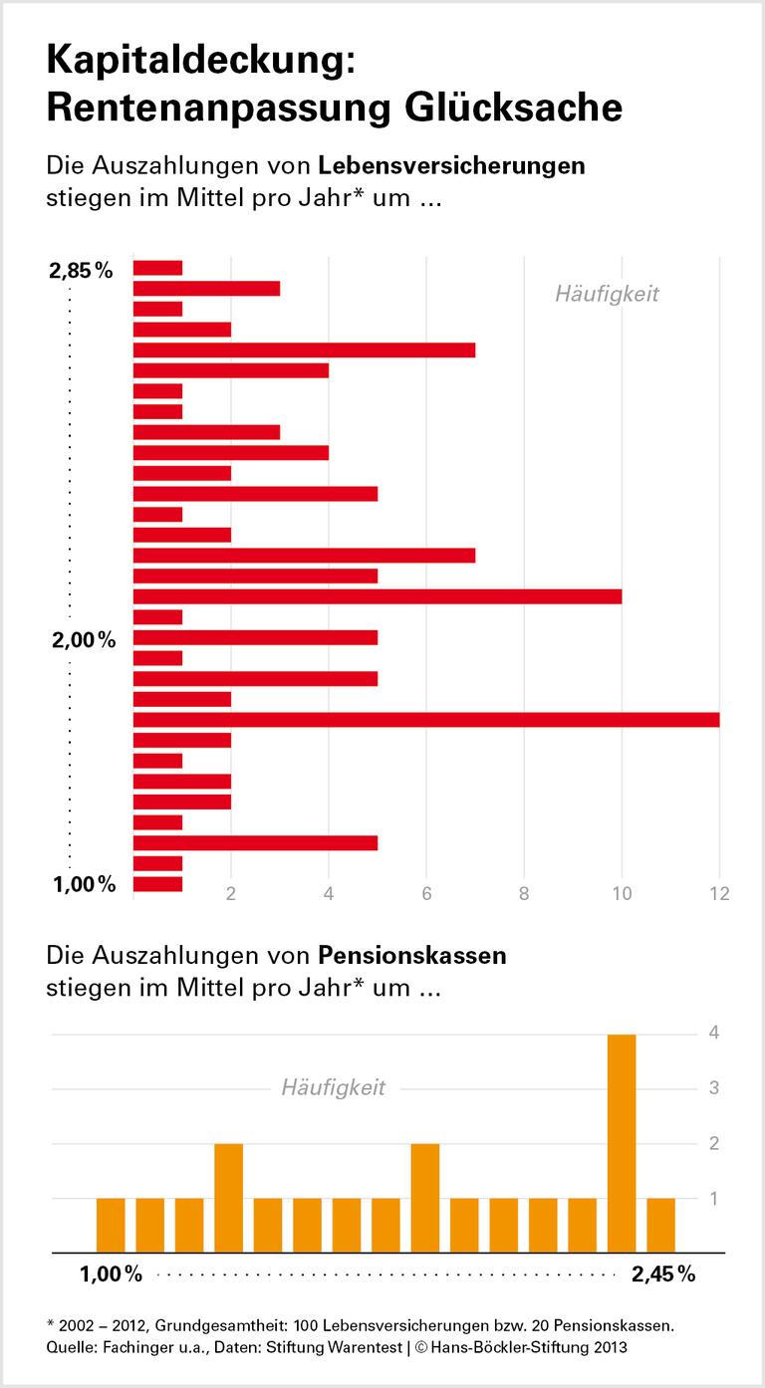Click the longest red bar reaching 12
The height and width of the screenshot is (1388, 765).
(x=425, y=720)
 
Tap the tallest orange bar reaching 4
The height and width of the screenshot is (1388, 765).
(x=622, y=1142)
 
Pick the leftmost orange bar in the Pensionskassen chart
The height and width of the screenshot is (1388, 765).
(x=111, y=1224)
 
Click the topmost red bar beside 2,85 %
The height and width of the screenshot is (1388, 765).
(x=157, y=268)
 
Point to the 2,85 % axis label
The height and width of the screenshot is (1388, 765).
(x=81, y=270)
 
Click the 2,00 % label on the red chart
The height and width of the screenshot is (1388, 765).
(x=84, y=640)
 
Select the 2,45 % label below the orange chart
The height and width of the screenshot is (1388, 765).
(x=662, y=1273)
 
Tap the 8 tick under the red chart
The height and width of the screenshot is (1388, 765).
(x=524, y=893)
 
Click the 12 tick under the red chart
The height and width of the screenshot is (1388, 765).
(x=718, y=893)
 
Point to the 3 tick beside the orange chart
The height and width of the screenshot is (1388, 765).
(x=714, y=1088)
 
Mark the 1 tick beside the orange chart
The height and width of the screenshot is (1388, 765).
(x=714, y=1198)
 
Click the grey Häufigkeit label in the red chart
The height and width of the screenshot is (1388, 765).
(x=607, y=294)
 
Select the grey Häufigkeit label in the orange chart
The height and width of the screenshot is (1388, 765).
(x=333, y=1087)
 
